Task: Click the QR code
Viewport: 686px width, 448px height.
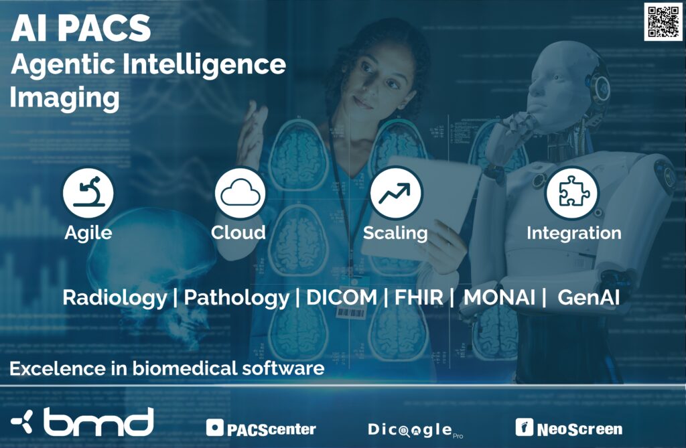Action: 663,22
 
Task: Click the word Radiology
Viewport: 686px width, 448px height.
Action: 115,297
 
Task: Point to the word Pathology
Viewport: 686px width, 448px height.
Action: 236,297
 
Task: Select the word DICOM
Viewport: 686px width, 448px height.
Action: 342,297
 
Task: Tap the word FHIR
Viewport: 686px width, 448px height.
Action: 418,297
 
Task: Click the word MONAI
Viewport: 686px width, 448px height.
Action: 499,297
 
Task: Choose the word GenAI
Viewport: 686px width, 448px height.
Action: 588,297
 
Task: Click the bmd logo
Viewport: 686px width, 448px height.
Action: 82,422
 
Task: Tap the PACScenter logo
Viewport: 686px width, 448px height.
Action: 261,429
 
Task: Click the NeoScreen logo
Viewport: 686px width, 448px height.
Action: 569,428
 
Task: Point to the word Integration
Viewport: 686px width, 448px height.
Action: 573,233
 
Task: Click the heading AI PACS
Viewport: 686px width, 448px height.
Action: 80,28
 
